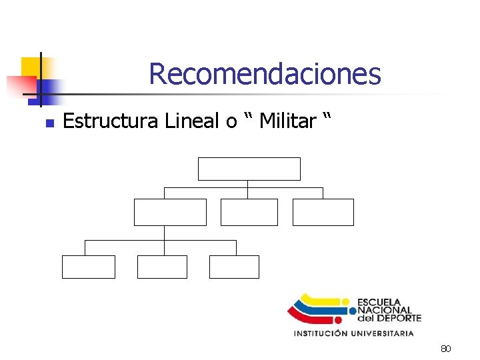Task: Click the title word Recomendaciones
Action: pyautogui.click(x=265, y=74)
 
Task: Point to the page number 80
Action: pyautogui.click(x=446, y=349)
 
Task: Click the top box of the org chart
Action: pyautogui.click(x=249, y=169)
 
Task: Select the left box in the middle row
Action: pyautogui.click(x=170, y=212)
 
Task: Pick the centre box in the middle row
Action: pyautogui.click(x=249, y=212)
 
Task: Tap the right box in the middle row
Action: pyautogui.click(x=323, y=212)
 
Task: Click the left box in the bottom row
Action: pyautogui.click(x=89, y=267)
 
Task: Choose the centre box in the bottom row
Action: pyautogui.click(x=162, y=267)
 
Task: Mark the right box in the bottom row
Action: pyautogui.click(x=234, y=267)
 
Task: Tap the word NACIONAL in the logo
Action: pyautogui.click(x=385, y=310)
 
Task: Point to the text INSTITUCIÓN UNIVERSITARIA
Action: pyautogui.click(x=354, y=333)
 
